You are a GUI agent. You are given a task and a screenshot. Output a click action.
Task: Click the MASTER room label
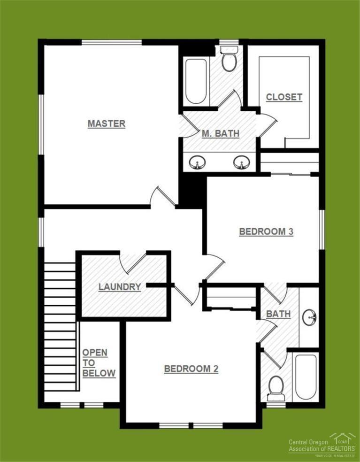pyautogui.click(x=107, y=124)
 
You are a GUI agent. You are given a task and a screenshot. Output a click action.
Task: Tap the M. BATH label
pyautogui.click(x=220, y=134)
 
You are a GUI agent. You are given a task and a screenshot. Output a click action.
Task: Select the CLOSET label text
pyautogui.click(x=284, y=98)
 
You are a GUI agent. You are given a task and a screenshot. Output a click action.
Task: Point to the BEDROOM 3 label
pyautogui.click(x=266, y=231)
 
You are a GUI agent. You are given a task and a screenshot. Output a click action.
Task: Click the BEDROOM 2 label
pyautogui.click(x=191, y=369)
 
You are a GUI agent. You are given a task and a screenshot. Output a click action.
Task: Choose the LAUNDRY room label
pyautogui.click(x=120, y=287)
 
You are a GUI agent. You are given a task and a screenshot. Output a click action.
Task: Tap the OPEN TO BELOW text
pyautogui.click(x=99, y=363)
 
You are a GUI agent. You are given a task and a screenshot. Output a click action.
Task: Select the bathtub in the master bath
pyautogui.click(x=196, y=81)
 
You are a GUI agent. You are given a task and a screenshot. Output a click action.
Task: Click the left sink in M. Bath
pyautogui.click(x=198, y=162)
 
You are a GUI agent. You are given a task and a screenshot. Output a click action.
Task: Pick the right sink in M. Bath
pyautogui.click(x=241, y=162)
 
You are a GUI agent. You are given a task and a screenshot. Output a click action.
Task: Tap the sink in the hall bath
pyautogui.click(x=309, y=318)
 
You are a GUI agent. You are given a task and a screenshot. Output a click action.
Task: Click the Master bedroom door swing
pyautogui.click(x=162, y=197)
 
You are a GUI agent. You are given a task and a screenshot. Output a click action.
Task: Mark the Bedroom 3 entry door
pyautogui.click(x=214, y=266)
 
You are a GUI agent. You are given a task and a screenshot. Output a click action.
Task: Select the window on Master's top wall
pyautogui.click(x=112, y=43)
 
